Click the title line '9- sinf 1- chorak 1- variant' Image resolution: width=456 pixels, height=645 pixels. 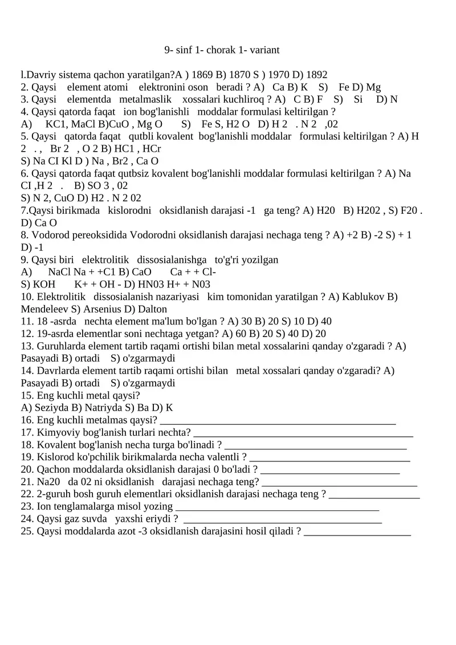(222, 50)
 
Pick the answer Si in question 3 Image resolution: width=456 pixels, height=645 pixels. (358, 99)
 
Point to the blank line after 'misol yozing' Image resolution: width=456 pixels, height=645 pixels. (278, 509)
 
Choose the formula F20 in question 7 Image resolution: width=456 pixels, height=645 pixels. (407, 210)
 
